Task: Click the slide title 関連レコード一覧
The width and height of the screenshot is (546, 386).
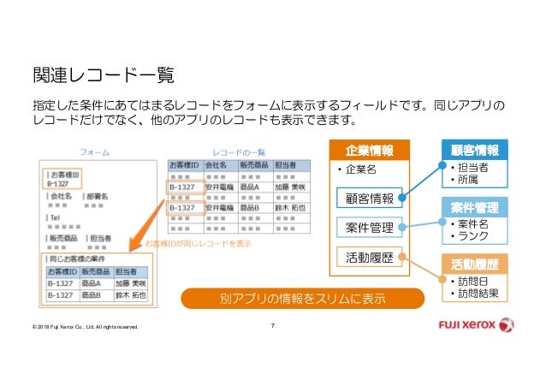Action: pos(103,76)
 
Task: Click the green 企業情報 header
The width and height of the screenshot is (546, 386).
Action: pos(370,151)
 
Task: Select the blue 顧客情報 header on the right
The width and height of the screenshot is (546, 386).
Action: pos(473,150)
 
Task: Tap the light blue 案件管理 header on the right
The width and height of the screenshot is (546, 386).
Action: pos(473,207)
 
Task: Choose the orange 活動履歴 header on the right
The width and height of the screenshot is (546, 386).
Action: pos(473,263)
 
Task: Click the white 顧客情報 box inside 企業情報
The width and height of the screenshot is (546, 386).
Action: pos(370,199)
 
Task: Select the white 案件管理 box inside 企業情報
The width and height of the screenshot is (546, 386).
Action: pos(370,228)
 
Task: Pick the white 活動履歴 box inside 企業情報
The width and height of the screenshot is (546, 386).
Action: pos(370,256)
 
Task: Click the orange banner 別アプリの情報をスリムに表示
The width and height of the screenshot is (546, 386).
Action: pos(300,300)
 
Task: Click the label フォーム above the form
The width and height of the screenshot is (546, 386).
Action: pos(95,150)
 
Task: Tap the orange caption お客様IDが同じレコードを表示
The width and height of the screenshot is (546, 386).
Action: pos(198,243)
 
